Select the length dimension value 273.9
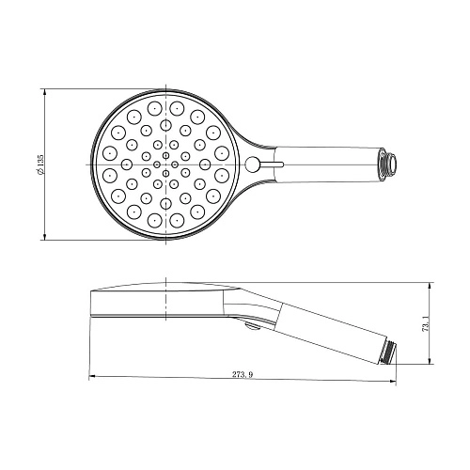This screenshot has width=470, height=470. (243, 375)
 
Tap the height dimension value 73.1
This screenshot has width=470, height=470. (426, 323)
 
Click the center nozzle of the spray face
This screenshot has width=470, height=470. (165, 164)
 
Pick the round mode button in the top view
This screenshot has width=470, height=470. (251, 165)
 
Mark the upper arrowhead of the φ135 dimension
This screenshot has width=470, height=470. (46, 92)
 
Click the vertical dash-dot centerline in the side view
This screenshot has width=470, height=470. (165, 305)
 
